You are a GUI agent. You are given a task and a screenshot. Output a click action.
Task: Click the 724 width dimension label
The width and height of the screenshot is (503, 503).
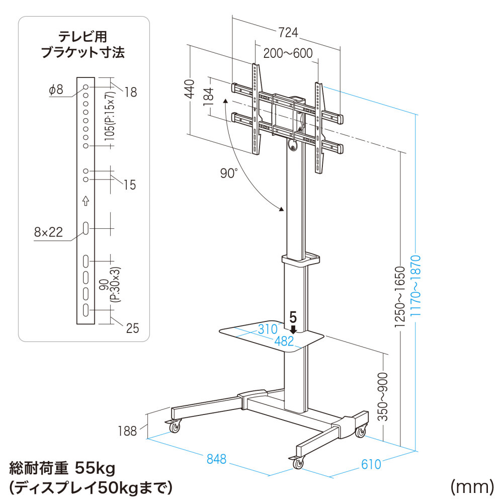[x=287, y=33]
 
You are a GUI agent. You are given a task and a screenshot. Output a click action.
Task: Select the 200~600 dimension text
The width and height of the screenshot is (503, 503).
[x=287, y=53]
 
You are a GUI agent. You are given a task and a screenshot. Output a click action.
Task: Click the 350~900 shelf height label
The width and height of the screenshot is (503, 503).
[x=384, y=397]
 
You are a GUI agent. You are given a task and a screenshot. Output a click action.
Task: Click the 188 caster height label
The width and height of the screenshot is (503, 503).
[x=127, y=431]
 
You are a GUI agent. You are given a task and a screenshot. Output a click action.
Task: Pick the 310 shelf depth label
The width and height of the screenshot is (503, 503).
[x=268, y=329]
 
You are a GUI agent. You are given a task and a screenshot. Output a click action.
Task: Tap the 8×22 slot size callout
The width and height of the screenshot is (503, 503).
[x=48, y=232]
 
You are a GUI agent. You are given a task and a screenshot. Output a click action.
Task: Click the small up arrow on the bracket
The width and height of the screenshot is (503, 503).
[x=86, y=201]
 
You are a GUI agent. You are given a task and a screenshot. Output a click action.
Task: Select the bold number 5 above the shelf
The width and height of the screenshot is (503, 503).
[x=293, y=317]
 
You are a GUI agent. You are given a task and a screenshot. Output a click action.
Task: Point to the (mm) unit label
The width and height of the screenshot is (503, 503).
[x=470, y=486]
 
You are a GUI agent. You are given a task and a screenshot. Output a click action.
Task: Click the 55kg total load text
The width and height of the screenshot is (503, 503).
[x=95, y=469]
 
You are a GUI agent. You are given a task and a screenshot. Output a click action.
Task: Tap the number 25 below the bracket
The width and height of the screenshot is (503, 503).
[x=132, y=328]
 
